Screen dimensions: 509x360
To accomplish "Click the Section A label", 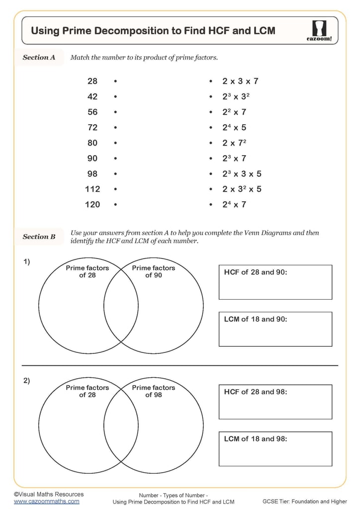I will (x=39, y=57).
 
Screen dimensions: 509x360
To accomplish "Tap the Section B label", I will (x=39, y=237).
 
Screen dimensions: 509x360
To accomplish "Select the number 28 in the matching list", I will (x=92, y=81).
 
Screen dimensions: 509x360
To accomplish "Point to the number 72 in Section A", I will (x=92, y=127).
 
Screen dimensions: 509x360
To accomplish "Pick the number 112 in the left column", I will (x=92, y=189).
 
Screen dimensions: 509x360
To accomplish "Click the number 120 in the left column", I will (x=92, y=204).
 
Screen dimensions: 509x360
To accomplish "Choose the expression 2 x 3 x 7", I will (x=240, y=81).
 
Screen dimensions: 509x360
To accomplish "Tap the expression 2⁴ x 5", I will (x=234, y=127).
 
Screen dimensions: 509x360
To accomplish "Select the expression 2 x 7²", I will (x=235, y=143).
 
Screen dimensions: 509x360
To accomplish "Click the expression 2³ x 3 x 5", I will (x=242, y=173).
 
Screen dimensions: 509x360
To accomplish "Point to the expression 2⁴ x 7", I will (x=234, y=204).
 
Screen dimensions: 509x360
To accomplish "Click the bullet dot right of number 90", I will (x=115, y=159).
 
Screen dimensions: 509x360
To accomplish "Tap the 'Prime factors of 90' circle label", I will (x=154, y=271).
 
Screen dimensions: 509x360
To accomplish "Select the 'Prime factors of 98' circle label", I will (x=154, y=391).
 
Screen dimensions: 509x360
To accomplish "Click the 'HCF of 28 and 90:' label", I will (x=256, y=272).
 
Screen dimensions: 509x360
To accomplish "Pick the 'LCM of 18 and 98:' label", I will (x=256, y=439).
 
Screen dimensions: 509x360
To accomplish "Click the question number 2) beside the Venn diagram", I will (x=27, y=381).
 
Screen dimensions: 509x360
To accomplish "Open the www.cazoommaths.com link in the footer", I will (x=47, y=501).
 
